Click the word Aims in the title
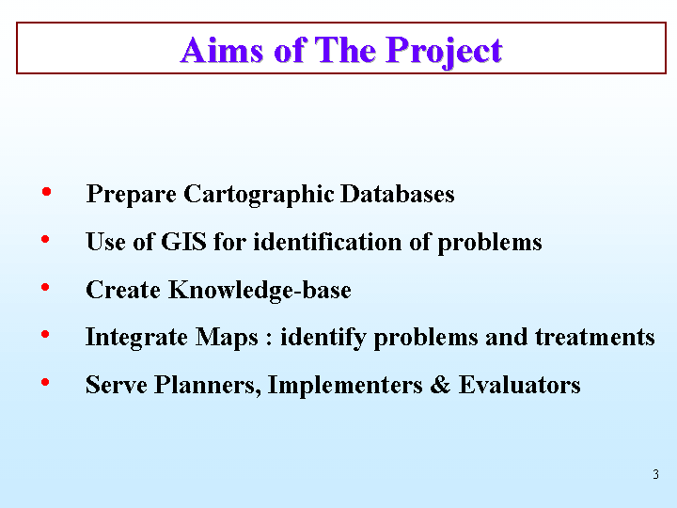pos(222,50)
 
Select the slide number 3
pos(656,474)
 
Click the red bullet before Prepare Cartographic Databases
pos(46,191)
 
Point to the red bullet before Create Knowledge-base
pos(45,287)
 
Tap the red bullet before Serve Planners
pos(45,382)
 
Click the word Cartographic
pos(259,194)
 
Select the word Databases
pos(397,194)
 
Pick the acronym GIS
pos(183,242)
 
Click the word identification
pos(328,242)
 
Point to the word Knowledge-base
pos(260,290)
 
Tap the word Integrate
pos(136,338)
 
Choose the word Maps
pos(227,338)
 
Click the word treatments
pos(595,337)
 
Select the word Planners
pos(208,385)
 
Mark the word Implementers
pos(345,385)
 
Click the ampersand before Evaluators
pos(440,385)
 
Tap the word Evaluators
pos(519,385)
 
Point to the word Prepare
pos(132,194)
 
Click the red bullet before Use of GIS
pos(45,239)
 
